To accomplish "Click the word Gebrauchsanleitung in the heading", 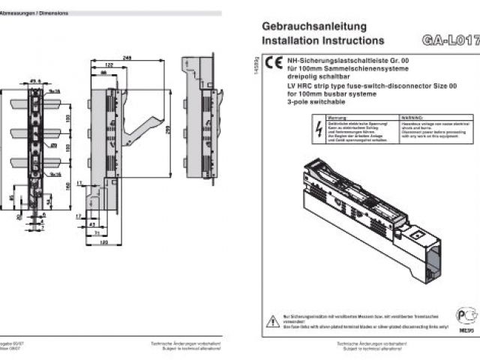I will point(304,25).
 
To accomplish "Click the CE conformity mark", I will point(274,63).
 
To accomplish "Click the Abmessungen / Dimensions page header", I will point(33,13).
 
